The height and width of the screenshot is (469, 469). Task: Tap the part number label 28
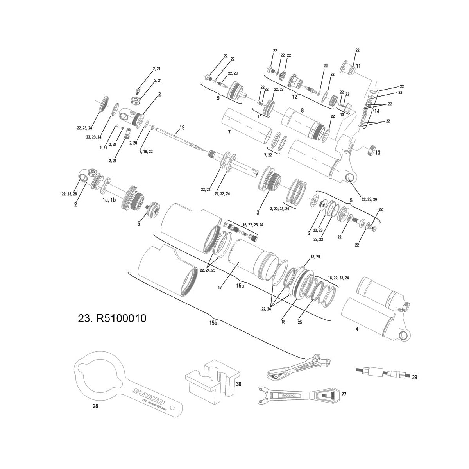(x=95, y=406)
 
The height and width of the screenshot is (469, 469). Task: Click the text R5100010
(x=112, y=319)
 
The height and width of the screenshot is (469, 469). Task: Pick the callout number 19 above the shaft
(x=182, y=128)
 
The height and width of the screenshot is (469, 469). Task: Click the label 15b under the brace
(x=213, y=323)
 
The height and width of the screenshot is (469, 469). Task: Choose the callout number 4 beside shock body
(x=357, y=329)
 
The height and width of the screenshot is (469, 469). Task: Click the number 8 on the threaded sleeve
(x=302, y=111)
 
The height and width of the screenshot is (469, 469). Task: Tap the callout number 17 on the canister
(x=220, y=287)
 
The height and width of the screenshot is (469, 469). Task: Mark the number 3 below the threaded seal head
(x=258, y=213)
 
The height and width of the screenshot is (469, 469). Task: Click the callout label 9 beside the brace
(x=218, y=98)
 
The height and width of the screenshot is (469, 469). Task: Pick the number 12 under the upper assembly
(x=294, y=97)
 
